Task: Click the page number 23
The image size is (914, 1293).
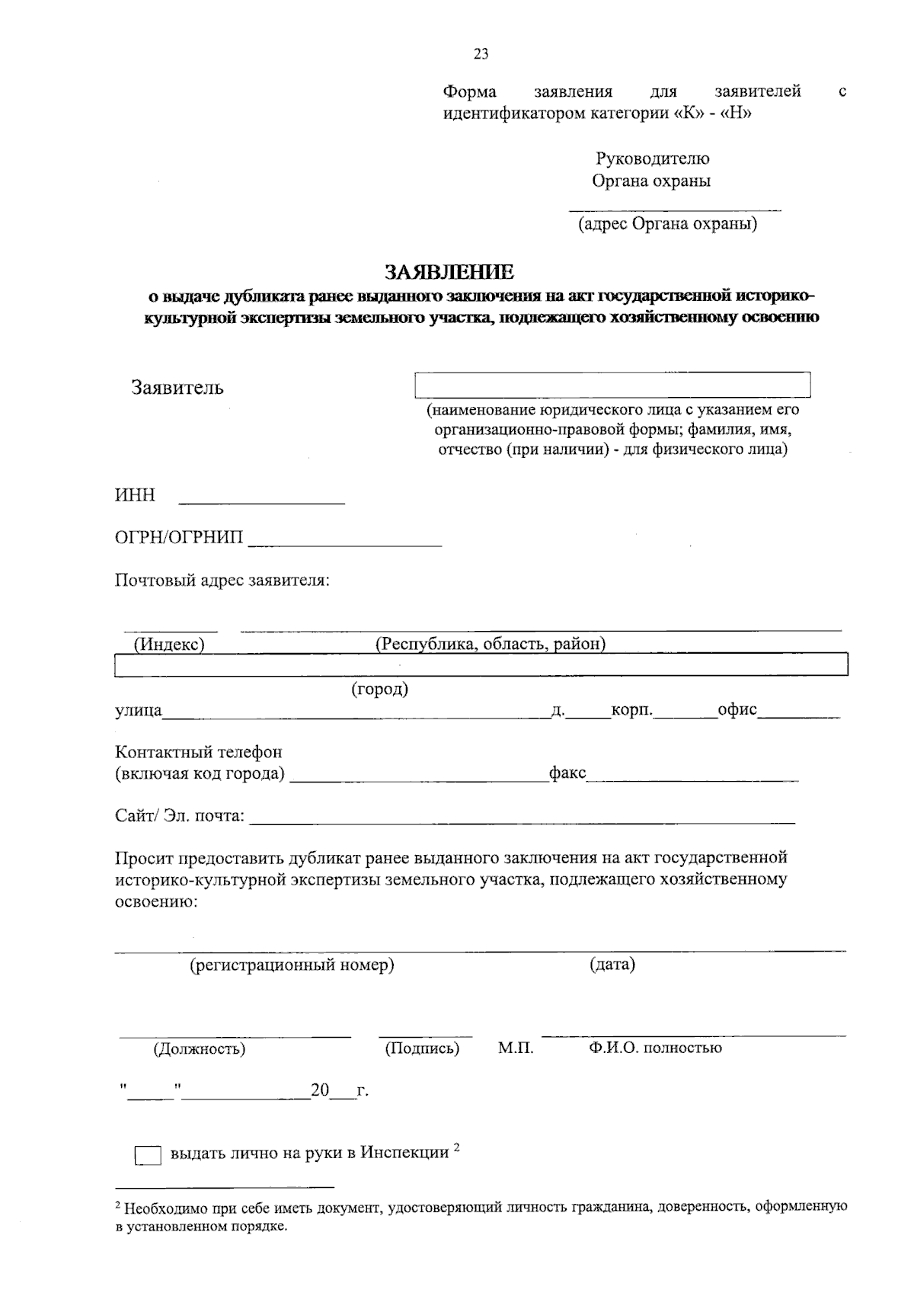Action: pos(481,54)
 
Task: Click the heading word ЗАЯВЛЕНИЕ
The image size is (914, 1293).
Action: pos(449,272)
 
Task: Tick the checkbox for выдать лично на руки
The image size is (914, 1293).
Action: pos(148,1156)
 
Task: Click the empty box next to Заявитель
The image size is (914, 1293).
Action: pos(612,385)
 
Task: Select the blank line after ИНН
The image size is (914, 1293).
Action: pos(261,501)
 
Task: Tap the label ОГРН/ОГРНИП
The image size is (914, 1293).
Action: pos(179,538)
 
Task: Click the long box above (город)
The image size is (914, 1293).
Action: pos(481,664)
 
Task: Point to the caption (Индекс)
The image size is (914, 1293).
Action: pos(169,644)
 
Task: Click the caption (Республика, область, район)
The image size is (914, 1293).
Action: pos(491,644)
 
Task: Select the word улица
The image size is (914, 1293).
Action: pos(138,711)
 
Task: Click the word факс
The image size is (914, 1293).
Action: pos(567,773)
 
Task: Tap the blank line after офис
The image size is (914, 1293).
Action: pos(799,715)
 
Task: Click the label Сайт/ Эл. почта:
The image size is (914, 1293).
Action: pos(180,816)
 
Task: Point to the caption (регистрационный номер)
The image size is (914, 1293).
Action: pos(292,965)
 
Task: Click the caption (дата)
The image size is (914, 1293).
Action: pos(612,965)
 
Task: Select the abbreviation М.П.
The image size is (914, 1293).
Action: pos(516,1048)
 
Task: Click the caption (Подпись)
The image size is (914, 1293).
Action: pos(422,1048)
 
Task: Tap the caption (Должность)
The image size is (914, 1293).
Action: pos(200,1049)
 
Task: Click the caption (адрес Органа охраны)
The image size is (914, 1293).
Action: pos(667,224)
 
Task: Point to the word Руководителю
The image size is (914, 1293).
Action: pos(652,158)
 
